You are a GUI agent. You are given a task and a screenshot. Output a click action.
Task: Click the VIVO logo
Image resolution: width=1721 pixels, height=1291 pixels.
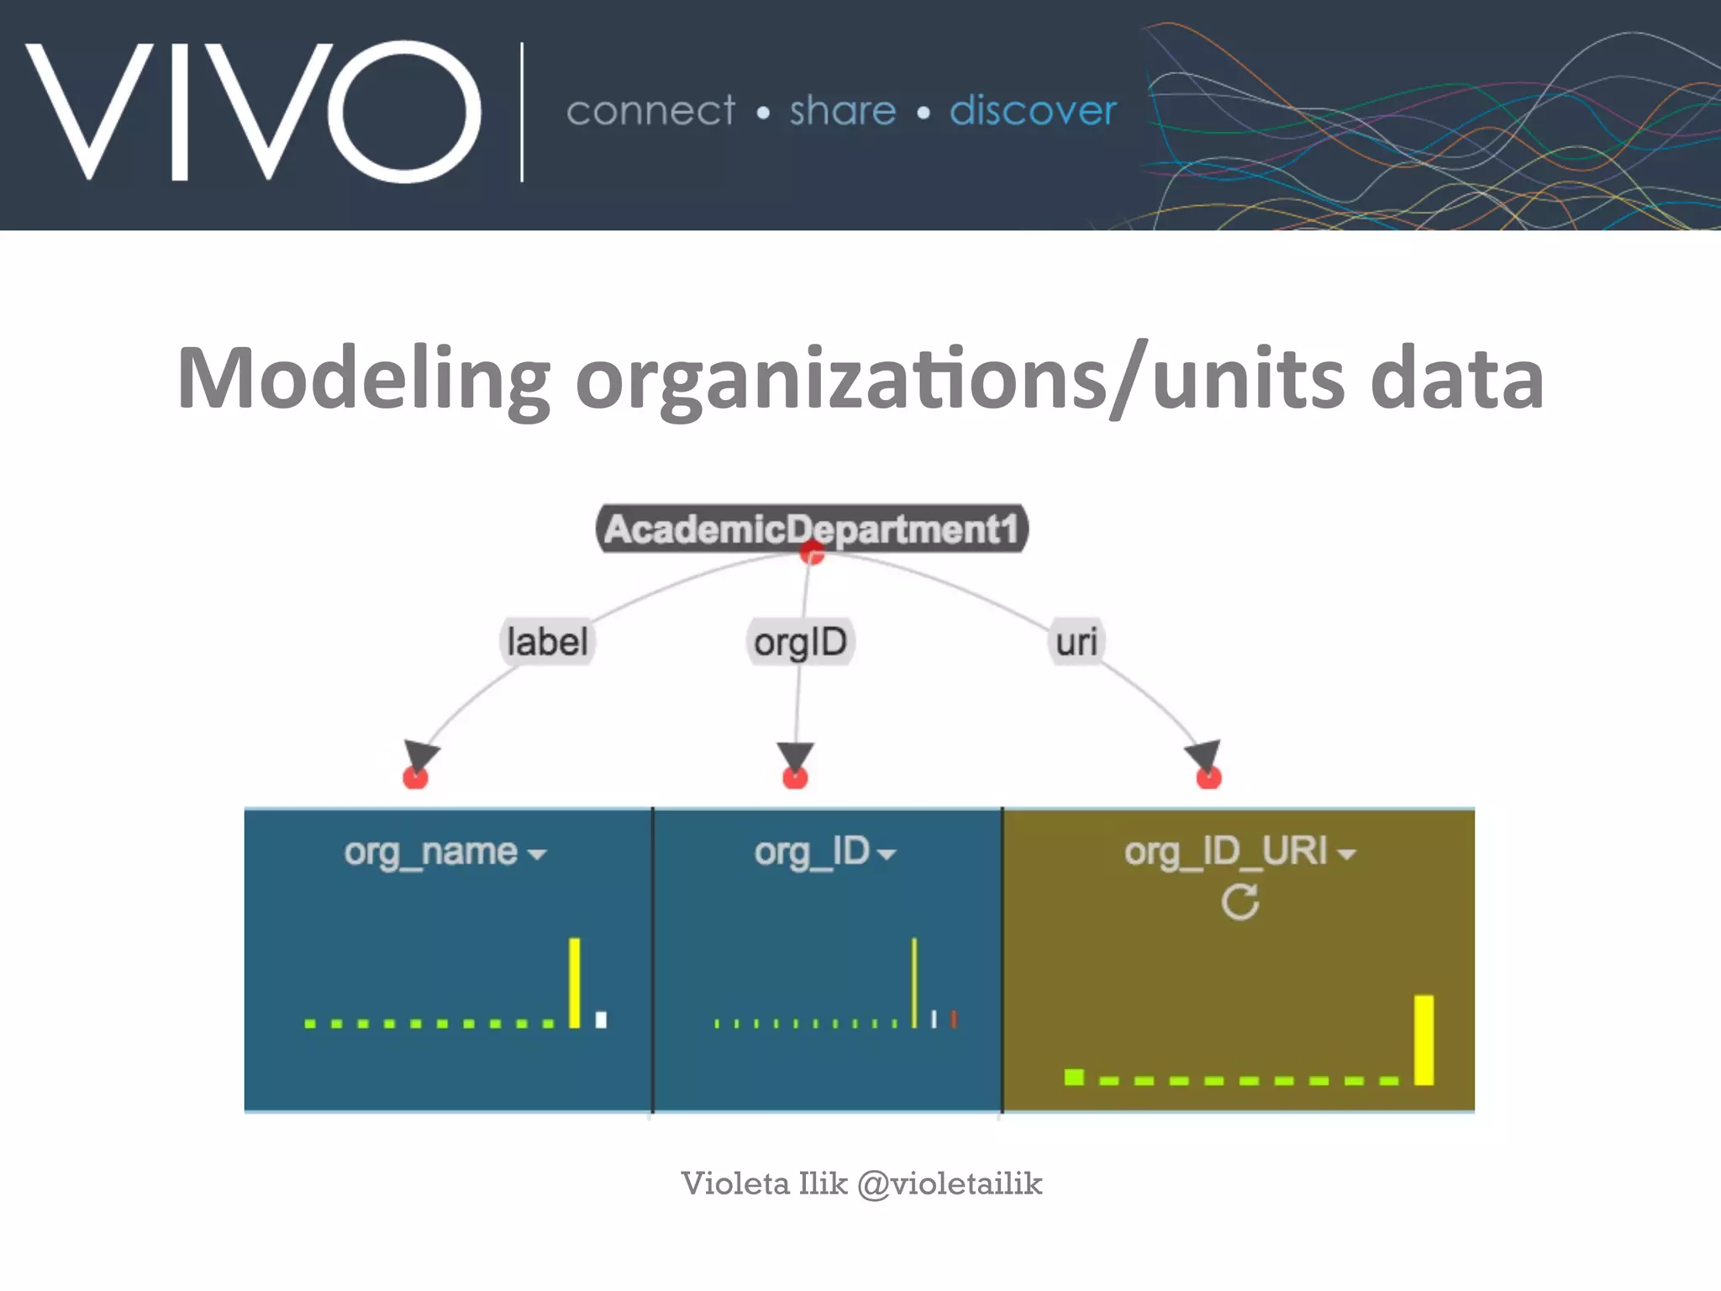click(x=252, y=111)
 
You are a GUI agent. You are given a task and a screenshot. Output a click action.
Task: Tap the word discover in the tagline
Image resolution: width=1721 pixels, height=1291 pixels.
click(x=1033, y=111)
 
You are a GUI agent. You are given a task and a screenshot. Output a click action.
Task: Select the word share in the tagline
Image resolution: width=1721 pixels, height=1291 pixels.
click(x=842, y=111)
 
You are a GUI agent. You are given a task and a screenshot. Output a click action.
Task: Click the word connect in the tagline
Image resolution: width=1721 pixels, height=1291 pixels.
click(x=650, y=111)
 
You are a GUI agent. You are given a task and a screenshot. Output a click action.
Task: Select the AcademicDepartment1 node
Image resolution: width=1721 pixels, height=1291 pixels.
click(x=811, y=529)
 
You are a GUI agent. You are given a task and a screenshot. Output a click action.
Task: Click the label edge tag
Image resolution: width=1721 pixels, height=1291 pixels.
click(x=547, y=642)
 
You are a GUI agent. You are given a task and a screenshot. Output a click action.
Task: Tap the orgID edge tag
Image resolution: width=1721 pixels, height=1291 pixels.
click(x=800, y=642)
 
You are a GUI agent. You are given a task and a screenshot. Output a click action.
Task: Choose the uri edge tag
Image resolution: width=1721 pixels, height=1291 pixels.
click(x=1076, y=642)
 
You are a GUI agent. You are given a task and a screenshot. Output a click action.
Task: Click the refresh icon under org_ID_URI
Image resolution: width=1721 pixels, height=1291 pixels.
click(x=1239, y=903)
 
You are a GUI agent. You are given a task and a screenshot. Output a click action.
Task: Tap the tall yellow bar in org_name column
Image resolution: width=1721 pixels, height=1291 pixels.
click(x=575, y=983)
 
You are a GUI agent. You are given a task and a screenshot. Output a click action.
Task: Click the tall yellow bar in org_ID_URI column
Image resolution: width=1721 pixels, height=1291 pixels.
click(x=1424, y=1040)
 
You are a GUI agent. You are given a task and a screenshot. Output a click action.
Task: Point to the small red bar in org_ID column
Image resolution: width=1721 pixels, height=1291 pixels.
click(x=954, y=1020)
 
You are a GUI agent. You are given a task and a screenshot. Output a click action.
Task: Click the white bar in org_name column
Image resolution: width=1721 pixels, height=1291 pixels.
click(x=601, y=1020)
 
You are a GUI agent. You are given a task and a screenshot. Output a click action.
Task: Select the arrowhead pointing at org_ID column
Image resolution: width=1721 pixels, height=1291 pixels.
click(x=795, y=756)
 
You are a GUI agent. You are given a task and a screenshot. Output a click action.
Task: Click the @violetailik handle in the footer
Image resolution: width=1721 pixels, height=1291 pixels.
click(x=950, y=1183)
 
